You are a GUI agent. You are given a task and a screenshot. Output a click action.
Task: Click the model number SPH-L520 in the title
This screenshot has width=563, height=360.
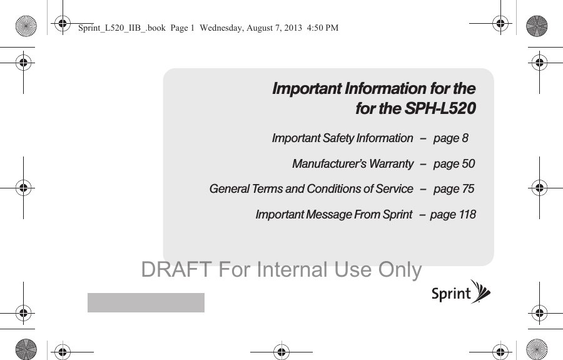tap(440, 109)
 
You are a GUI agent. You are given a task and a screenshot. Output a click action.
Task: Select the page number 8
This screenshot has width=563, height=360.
tap(464, 138)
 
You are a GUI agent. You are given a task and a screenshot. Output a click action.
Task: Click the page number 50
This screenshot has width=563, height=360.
tap(468, 164)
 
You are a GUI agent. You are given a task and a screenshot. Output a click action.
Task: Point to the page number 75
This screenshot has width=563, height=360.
tap(467, 188)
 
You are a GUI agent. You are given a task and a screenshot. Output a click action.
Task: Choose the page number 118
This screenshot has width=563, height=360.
tap(467, 215)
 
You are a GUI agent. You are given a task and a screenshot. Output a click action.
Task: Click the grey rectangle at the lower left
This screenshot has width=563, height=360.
tap(146, 302)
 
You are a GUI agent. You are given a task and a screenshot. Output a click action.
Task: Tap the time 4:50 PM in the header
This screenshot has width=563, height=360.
tap(323, 28)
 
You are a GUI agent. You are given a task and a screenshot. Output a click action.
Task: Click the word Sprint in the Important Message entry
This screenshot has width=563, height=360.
tap(397, 215)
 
